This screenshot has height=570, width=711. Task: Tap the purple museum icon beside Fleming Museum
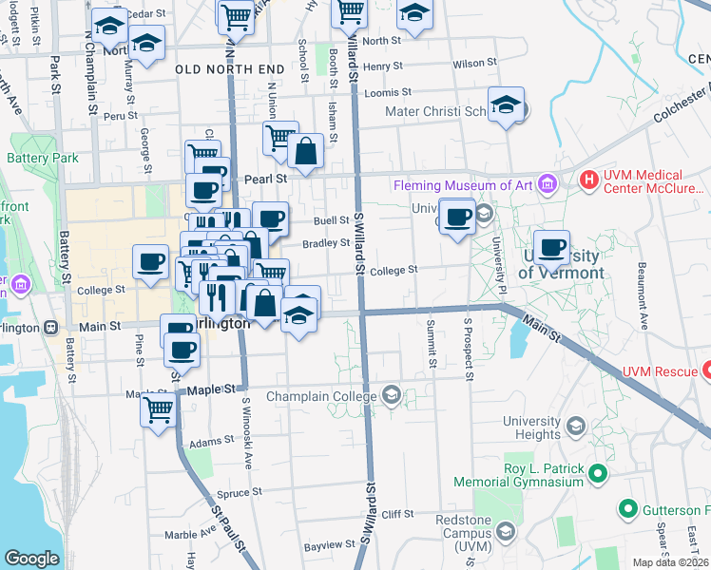pyautogui.click(x=547, y=183)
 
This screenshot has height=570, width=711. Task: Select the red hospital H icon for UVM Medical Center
pyautogui.click(x=589, y=179)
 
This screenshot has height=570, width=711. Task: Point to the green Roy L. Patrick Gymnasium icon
pyautogui.click(x=597, y=472)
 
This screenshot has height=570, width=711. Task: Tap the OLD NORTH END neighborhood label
pyautogui.click(x=229, y=70)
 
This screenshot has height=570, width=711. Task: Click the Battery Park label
pyautogui.click(x=44, y=159)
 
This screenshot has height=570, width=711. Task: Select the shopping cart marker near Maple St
pyautogui.click(x=158, y=410)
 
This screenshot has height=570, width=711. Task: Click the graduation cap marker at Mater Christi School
pyautogui.click(x=507, y=106)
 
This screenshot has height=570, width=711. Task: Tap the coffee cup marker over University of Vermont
pyautogui.click(x=551, y=249)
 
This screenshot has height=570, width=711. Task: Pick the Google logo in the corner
pyautogui.click(x=31, y=558)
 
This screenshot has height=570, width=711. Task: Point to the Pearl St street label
pyautogui.click(x=268, y=178)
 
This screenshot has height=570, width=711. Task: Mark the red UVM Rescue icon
pyautogui.click(x=705, y=370)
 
